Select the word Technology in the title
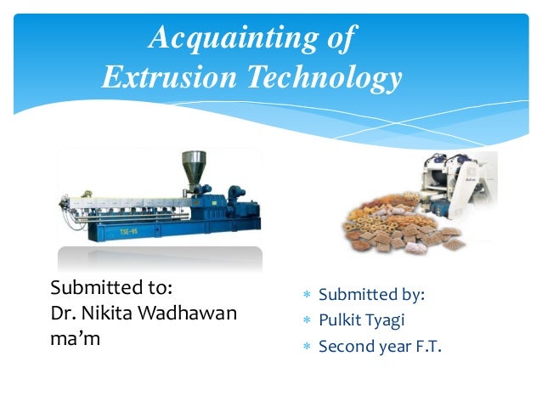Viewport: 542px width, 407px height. [x=324, y=77]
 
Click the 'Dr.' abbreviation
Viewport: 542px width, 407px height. [x=62, y=312]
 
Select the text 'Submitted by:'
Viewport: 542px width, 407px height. [x=371, y=295]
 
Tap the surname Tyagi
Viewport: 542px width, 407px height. [x=387, y=320]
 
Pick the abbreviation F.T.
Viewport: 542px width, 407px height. [x=427, y=346]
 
